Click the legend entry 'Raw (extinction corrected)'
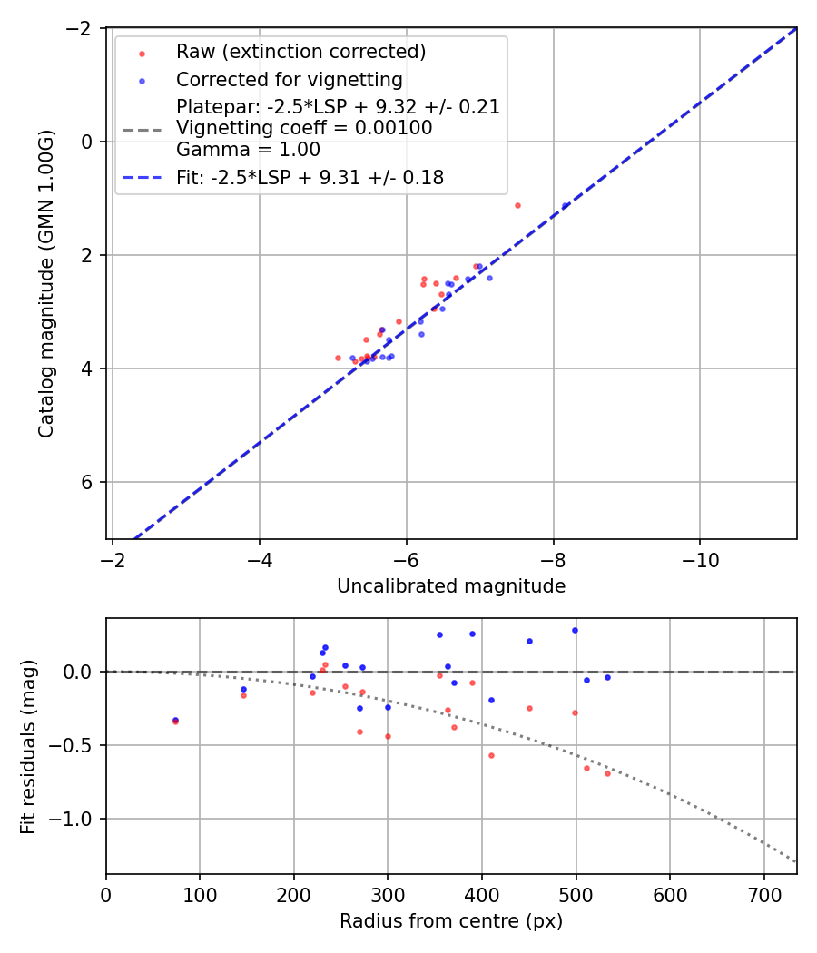tap(300, 51)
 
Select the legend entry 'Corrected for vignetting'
tap(289, 79)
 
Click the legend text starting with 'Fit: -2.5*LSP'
tap(310, 178)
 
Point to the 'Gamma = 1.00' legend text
tap(248, 150)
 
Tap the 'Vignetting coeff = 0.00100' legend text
tap(304, 128)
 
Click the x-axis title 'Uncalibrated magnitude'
tap(451, 586)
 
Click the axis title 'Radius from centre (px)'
tap(451, 921)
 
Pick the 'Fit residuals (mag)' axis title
tap(28, 746)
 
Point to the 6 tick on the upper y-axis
tap(88, 482)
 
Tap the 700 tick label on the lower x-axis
tap(763, 894)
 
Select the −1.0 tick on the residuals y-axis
tap(78, 819)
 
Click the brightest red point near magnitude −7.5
tap(517, 205)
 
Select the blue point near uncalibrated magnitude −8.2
tap(566, 205)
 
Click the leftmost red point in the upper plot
tap(338, 358)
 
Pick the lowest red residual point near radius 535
tap(607, 773)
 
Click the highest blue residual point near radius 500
tap(575, 630)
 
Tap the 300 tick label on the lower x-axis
tap(388, 894)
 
